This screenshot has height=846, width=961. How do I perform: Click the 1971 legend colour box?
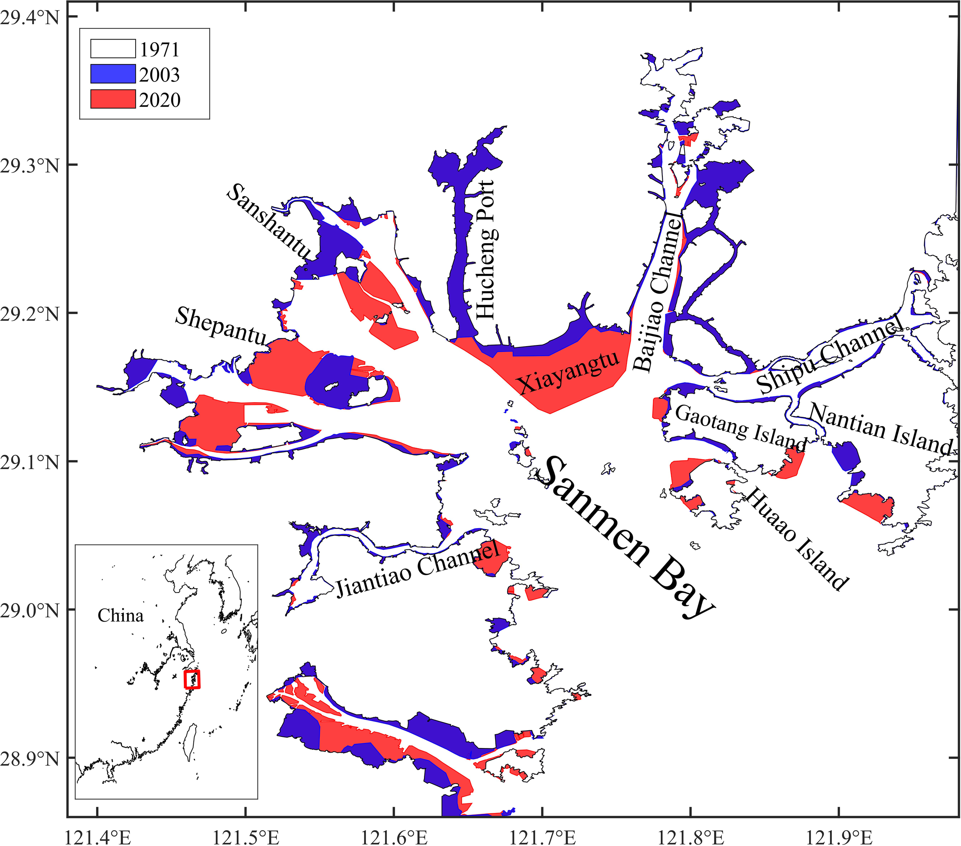point(113,49)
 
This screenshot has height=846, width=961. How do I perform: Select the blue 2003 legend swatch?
point(113,74)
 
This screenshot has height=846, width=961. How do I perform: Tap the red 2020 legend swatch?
point(113,99)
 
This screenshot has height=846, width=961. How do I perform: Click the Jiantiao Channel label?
point(417,569)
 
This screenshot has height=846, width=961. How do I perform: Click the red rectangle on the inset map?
point(192,680)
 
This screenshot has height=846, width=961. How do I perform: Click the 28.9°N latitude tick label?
point(30,758)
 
